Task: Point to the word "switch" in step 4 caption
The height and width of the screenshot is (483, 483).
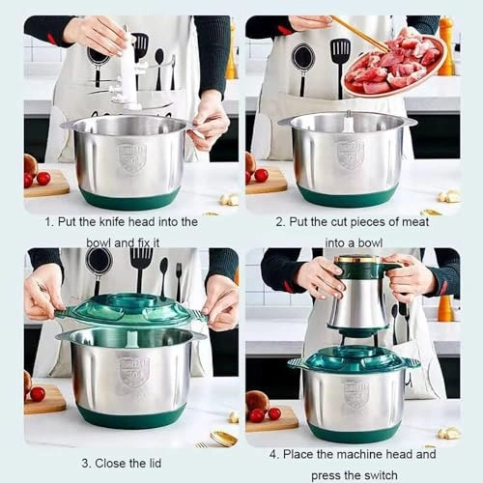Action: click(x=394, y=472)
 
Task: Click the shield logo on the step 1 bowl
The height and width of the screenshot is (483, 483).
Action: click(x=131, y=156)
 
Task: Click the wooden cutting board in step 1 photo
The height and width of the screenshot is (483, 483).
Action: click(x=46, y=185)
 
